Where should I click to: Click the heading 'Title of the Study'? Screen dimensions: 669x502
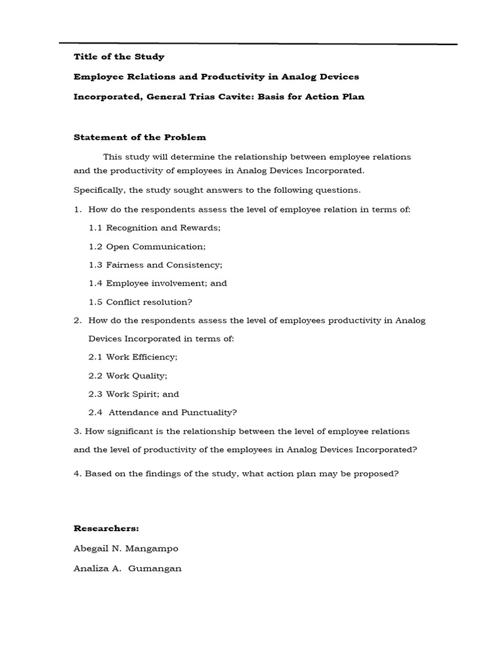118,57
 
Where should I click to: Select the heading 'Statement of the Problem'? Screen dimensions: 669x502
139,137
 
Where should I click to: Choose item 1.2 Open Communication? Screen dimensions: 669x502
146,246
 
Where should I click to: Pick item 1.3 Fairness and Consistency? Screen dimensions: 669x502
156,265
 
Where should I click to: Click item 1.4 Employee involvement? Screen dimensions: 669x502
158,284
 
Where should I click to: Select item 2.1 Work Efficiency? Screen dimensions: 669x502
133,357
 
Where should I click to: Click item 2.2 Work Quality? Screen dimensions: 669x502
128,376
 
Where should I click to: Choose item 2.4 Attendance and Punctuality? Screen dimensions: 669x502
163,413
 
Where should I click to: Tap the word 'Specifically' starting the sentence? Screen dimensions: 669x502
99,190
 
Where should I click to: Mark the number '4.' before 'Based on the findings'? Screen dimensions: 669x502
77,474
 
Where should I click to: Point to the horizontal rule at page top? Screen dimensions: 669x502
258,44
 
